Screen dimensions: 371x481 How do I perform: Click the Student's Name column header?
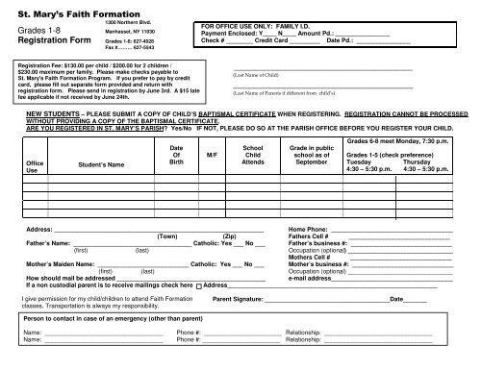coord(104,163)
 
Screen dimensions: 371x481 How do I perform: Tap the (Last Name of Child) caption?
coord(257,73)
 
